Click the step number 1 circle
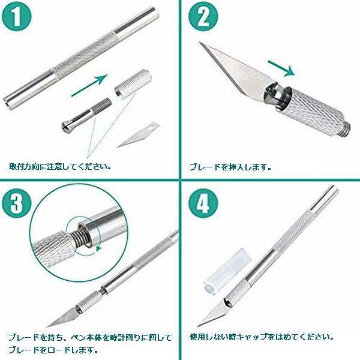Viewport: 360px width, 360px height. (16, 17)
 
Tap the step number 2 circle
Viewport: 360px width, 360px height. (203, 17)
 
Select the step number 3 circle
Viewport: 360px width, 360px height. (16, 203)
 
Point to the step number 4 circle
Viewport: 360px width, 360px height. (203, 203)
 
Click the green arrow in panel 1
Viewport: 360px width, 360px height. (89, 85)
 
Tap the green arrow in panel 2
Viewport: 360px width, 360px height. (281, 68)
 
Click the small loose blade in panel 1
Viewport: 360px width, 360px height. (138, 134)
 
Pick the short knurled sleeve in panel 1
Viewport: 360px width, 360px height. (133, 83)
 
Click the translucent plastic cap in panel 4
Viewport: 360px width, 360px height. (227, 271)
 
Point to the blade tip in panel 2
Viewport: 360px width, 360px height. (199, 43)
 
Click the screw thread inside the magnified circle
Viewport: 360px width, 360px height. (77, 238)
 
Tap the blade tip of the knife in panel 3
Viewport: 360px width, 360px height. (48, 326)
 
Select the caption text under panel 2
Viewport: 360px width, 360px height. (230, 167)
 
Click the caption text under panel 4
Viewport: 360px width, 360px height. (262, 337)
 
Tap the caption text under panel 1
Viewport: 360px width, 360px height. (59, 166)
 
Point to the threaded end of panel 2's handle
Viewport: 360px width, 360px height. (346, 130)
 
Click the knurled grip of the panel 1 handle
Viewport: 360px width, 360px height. (84, 55)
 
